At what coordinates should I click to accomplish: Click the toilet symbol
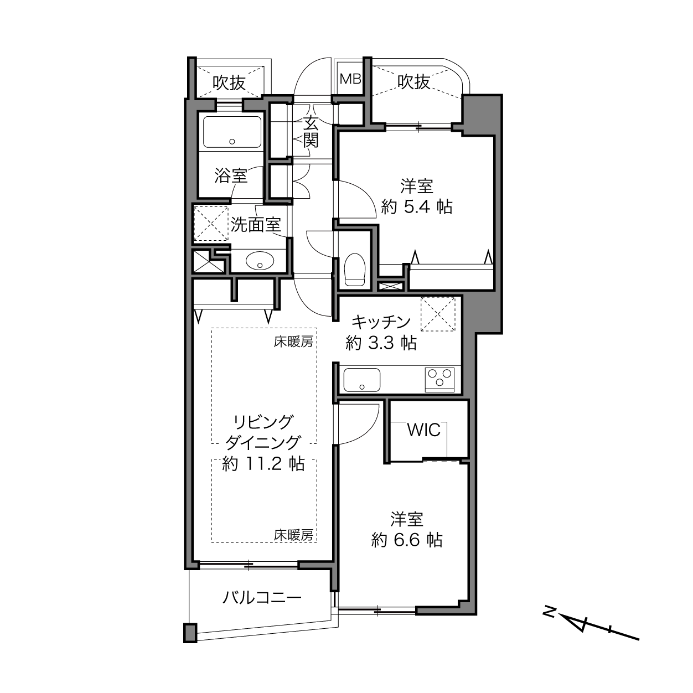tap(355, 270)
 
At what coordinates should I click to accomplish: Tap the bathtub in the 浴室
tap(232, 132)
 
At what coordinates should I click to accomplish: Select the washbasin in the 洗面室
tap(260, 260)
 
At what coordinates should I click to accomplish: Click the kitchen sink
tap(362, 380)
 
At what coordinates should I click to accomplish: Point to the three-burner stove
tap(439, 379)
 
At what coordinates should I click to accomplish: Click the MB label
tap(350, 79)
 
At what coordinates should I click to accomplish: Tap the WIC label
tap(423, 430)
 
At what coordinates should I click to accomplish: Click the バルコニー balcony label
tap(262, 598)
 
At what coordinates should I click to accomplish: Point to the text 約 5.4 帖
tap(416, 207)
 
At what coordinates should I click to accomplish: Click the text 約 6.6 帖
tap(407, 540)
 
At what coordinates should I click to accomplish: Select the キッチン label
tap(381, 322)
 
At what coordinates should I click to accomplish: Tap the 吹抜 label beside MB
tap(413, 81)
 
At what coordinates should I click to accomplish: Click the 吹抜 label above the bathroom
tap(229, 83)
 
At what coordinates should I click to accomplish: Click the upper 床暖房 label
tap(293, 342)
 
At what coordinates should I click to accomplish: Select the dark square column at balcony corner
tap(190, 633)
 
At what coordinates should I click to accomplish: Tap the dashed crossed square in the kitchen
tap(438, 314)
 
